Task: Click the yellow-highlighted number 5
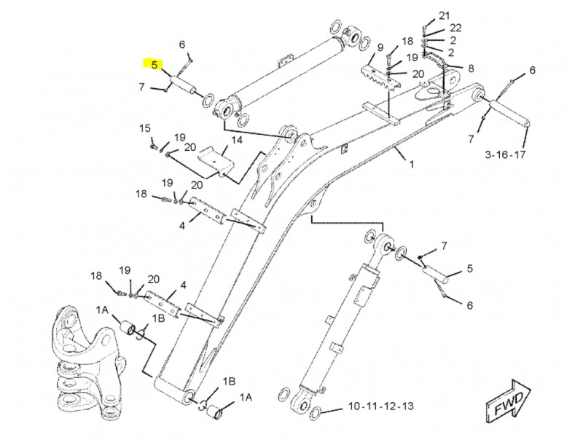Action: (154, 65)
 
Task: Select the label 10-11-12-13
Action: (380, 406)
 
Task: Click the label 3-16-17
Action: (505, 154)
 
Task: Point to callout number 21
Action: (444, 15)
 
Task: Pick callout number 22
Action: (455, 28)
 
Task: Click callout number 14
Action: (237, 140)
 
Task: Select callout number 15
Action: (144, 128)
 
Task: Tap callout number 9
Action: (380, 47)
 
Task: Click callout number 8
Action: (471, 68)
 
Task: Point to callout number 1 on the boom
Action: (411, 164)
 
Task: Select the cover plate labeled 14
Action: (216, 162)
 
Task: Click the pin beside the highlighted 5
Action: (183, 85)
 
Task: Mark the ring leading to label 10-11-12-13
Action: (315, 412)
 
